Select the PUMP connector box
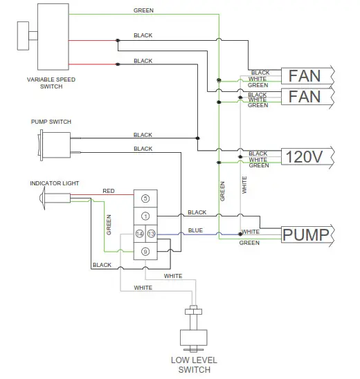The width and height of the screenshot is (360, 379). pyautogui.click(x=305, y=235)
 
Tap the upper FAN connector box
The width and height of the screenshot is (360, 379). pyautogui.click(x=305, y=75)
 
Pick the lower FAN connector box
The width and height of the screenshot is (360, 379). pyautogui.click(x=305, y=95)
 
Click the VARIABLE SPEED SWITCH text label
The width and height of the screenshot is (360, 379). pyautogui.click(x=46, y=83)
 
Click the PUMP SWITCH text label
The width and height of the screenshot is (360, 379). pyautogui.click(x=51, y=122)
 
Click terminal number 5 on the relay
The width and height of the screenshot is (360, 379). pyautogui.click(x=145, y=198)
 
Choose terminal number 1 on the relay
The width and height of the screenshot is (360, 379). pyautogui.click(x=145, y=216)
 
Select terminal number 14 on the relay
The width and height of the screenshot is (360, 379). pyautogui.click(x=139, y=234)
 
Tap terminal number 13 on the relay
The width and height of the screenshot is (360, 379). pyautogui.click(x=151, y=234)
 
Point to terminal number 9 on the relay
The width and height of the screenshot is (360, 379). pyautogui.click(x=145, y=252)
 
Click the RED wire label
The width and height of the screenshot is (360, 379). pyautogui.click(x=109, y=191)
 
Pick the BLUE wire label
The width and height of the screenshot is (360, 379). pyautogui.click(x=196, y=230)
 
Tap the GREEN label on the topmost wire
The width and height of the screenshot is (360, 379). pyautogui.click(x=143, y=11)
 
